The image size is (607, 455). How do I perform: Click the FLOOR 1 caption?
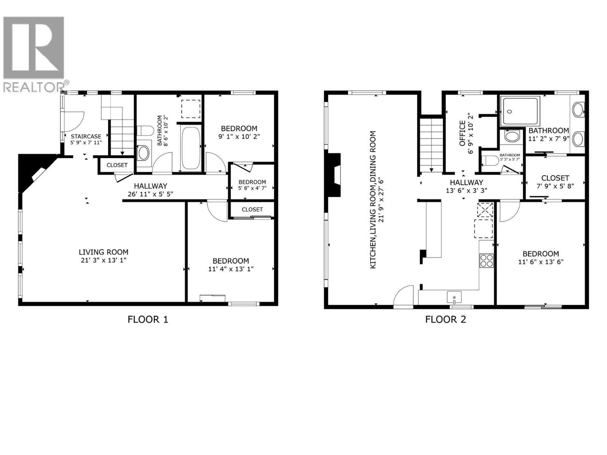pyautogui.click(x=148, y=319)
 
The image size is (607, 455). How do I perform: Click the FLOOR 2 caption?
pyautogui.click(x=445, y=319)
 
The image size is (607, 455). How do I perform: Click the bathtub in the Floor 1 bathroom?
pyautogui.click(x=191, y=148)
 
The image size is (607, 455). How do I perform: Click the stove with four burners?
pyautogui.click(x=487, y=260)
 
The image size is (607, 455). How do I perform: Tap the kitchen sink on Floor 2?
pyautogui.click(x=454, y=296)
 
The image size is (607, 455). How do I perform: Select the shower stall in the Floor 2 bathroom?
pyautogui.click(x=520, y=111)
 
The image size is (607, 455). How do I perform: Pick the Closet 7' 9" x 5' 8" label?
pyautogui.click(x=555, y=182)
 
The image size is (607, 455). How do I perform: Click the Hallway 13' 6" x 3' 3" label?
pyautogui.click(x=466, y=186)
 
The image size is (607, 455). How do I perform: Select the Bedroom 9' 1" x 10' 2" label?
pyautogui.click(x=239, y=132)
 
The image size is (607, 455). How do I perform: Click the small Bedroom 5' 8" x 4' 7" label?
pyautogui.click(x=252, y=185)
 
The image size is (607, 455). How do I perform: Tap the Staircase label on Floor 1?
pyautogui.click(x=86, y=139)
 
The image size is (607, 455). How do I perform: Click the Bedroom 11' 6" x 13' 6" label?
pyautogui.click(x=540, y=257)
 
